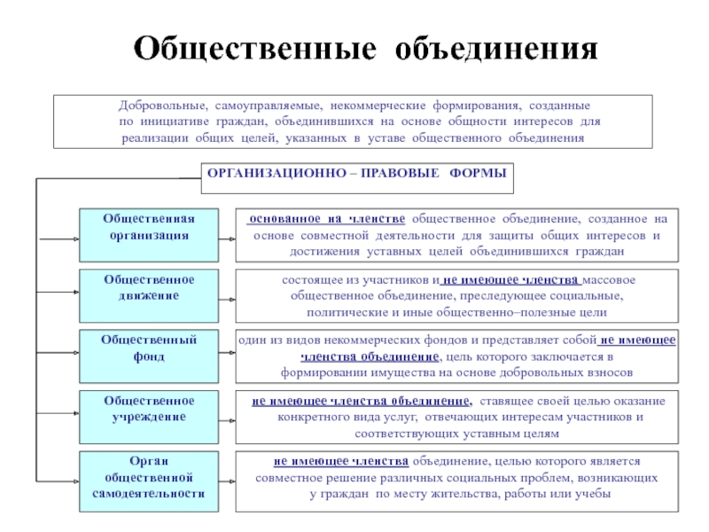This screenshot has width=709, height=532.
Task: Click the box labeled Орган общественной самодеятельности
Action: [148, 480]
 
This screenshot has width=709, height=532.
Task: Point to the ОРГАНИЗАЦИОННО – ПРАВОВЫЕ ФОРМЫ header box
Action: [356, 175]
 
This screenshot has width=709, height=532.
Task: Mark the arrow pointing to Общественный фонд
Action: [57, 359]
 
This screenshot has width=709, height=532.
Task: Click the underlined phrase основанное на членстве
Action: [327, 218]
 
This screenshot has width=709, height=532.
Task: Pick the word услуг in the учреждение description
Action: [388, 417]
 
